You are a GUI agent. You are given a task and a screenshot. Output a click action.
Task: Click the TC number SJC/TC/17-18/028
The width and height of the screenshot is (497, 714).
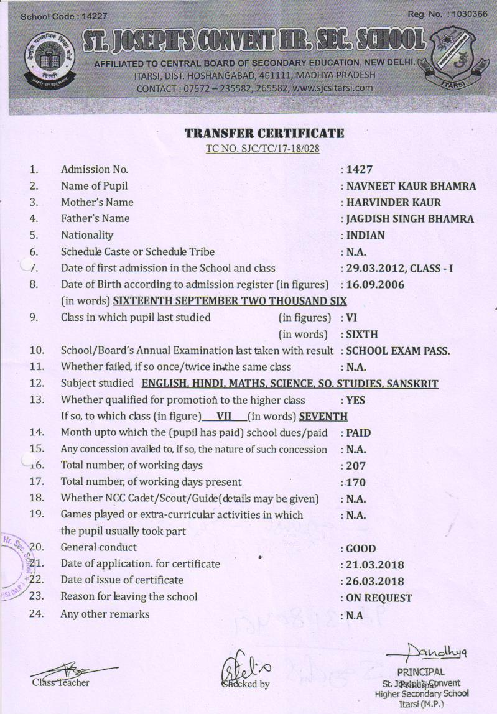(264, 149)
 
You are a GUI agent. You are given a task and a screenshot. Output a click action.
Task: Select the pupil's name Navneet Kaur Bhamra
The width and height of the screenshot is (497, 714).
(411, 186)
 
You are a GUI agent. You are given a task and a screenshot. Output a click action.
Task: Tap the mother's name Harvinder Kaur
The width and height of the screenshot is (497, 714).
(394, 202)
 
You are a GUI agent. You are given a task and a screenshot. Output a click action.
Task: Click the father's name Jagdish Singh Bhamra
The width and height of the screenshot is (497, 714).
(410, 218)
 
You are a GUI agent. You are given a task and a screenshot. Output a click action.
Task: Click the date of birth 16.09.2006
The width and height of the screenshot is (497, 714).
(376, 285)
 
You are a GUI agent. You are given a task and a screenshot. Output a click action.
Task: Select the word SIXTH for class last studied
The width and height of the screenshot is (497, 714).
(361, 334)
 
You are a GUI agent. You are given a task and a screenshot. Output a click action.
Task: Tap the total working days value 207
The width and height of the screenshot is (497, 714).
(356, 465)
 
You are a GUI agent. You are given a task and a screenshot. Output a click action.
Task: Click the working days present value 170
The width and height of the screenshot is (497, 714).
(356, 482)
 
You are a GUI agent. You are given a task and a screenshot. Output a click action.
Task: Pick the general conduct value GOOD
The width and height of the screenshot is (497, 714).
(361, 549)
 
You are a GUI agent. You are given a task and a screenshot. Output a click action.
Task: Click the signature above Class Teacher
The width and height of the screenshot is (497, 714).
(72, 671)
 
